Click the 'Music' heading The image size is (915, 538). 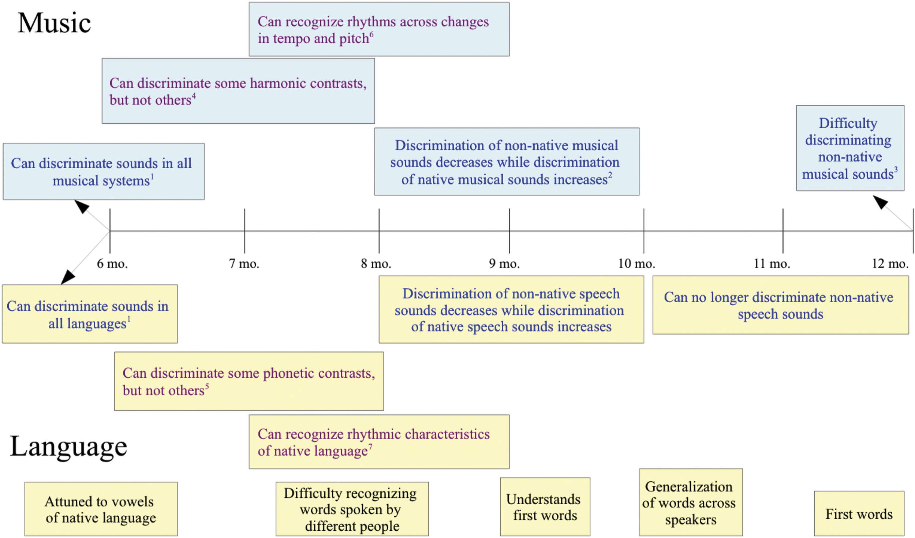tap(54, 23)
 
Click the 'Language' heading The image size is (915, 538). tap(68, 447)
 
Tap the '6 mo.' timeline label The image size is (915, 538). tap(112, 264)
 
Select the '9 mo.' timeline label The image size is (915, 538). tap(504, 264)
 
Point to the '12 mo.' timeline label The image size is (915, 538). tap(890, 264)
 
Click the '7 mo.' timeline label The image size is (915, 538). tap(244, 264)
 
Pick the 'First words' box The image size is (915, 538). tap(859, 514)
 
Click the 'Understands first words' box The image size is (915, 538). tap(545, 507)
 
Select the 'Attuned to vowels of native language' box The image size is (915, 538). tap(101, 509)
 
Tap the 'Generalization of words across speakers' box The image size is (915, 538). tap(690, 502)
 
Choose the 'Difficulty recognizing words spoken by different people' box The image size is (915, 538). tap(352, 509)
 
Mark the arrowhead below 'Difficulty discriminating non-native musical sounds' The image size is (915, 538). tap(880, 202)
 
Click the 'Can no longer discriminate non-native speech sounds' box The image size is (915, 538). tap(780, 305)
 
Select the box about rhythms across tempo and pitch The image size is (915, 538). tap(379, 29)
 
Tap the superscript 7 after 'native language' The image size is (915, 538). tap(370, 446)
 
